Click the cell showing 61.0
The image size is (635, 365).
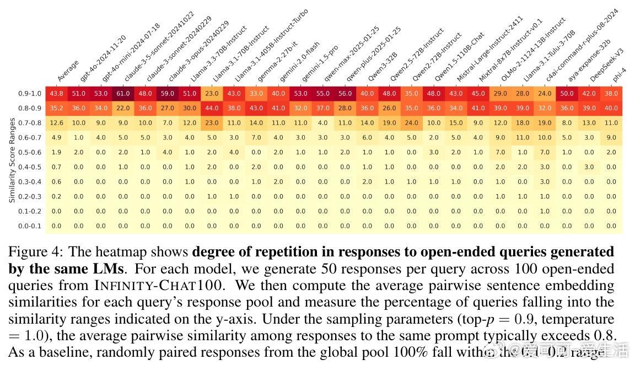click(x=123, y=94)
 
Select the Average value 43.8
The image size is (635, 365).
click(x=57, y=94)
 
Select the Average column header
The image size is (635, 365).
click(x=68, y=71)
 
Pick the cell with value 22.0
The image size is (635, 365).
click(x=123, y=109)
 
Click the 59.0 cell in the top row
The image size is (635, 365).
click(x=168, y=94)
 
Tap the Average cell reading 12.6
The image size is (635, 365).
click(x=57, y=123)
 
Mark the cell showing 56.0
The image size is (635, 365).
click(x=345, y=94)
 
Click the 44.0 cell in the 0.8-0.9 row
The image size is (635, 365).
click(x=212, y=109)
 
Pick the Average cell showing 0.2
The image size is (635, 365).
click(x=57, y=196)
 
